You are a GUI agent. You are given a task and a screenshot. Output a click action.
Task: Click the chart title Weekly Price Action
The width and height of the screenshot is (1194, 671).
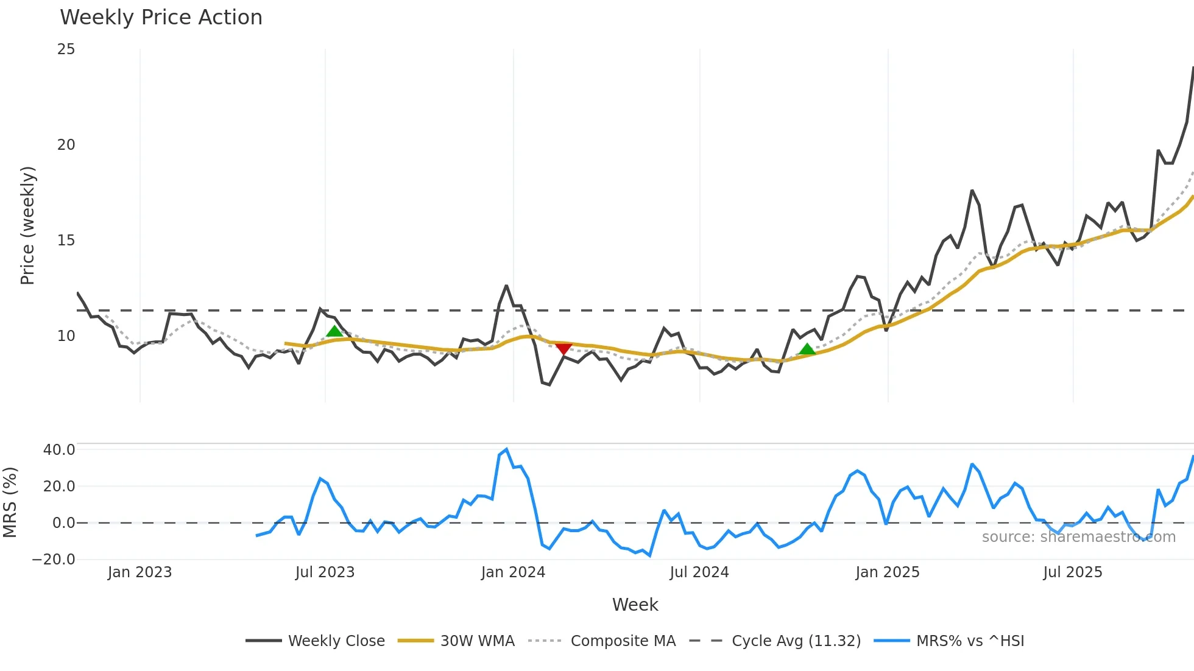pyautogui.click(x=161, y=18)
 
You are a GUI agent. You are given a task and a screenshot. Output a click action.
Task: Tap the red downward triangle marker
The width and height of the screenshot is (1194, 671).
pyautogui.click(x=563, y=348)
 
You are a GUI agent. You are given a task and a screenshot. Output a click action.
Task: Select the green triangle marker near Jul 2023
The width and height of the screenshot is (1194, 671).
pyautogui.click(x=334, y=331)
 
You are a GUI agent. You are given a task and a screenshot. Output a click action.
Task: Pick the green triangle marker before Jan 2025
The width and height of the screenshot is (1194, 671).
pyautogui.click(x=807, y=349)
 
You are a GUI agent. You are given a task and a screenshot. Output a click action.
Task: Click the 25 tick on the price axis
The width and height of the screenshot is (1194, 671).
pyautogui.click(x=66, y=49)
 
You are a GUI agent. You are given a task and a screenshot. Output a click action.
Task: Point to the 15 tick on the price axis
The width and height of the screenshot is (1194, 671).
pyautogui.click(x=66, y=241)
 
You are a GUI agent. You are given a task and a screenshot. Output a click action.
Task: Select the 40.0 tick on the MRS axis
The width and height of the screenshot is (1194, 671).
pyautogui.click(x=59, y=450)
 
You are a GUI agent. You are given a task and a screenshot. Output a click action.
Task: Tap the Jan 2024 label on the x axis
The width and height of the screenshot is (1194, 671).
pyautogui.click(x=513, y=572)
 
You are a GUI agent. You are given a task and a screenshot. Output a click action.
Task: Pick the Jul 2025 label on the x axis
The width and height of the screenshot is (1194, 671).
pyautogui.click(x=1073, y=572)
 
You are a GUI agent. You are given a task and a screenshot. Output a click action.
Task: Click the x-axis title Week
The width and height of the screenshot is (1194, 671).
pyautogui.click(x=635, y=605)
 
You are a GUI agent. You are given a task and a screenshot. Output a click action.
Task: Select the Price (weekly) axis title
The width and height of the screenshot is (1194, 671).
pyautogui.click(x=27, y=225)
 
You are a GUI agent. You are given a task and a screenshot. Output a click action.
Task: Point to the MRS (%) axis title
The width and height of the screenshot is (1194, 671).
pyautogui.click(x=10, y=502)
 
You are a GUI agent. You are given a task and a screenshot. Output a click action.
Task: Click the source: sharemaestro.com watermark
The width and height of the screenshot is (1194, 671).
pyautogui.click(x=1078, y=537)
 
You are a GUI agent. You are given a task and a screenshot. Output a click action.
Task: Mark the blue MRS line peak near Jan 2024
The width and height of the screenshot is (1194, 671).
pyautogui.click(x=506, y=449)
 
